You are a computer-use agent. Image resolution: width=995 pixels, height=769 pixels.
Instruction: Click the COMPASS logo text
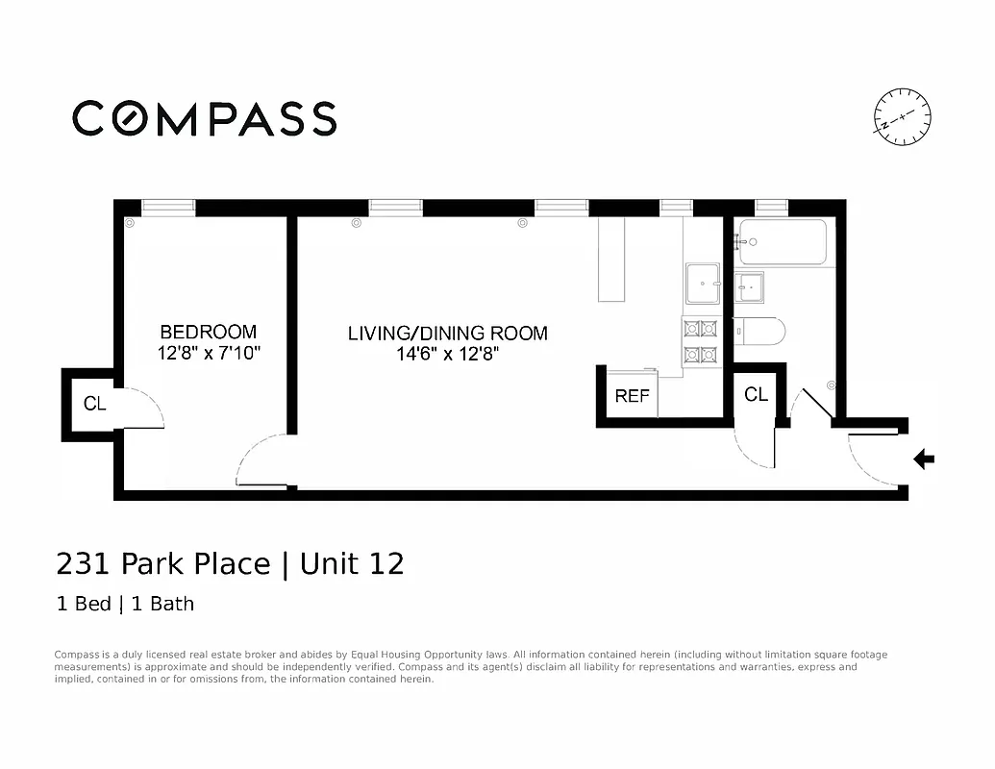coord(205,118)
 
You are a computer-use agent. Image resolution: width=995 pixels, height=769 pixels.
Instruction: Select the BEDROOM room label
coord(209,333)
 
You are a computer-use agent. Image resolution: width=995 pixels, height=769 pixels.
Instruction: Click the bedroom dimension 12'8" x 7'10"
coord(210,354)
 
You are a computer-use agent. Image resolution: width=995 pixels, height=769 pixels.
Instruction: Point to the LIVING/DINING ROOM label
coord(448,334)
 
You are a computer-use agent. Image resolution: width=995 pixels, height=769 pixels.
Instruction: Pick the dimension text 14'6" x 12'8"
coord(448,354)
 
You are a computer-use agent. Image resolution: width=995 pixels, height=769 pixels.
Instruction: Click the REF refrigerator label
coord(632,396)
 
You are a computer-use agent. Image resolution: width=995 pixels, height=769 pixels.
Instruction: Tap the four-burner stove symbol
coord(701,341)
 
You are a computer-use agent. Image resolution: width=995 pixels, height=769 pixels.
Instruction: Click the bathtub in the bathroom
coord(782,243)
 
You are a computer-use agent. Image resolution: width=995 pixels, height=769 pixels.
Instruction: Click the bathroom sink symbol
coord(750,285)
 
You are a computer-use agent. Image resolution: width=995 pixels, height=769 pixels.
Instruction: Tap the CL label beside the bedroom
coord(94,404)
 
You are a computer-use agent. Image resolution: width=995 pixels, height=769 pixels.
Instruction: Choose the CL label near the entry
coord(756,394)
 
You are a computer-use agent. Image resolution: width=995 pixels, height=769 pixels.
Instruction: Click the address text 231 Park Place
coord(163,563)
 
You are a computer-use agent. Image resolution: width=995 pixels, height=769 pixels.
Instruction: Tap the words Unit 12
coord(352,563)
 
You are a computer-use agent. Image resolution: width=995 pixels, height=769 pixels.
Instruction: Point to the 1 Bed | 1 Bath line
coord(125,604)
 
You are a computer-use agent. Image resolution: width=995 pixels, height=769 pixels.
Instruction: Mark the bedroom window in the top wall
coord(168,207)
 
